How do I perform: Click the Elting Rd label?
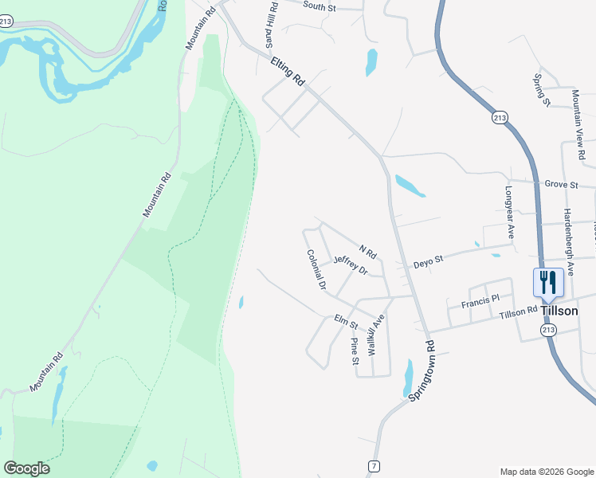point(288,70)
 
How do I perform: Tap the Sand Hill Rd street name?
point(271,24)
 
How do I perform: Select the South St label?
point(321,6)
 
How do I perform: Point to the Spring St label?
point(542,89)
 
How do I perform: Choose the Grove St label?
point(562,185)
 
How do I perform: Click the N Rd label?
point(367,251)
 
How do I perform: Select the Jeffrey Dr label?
point(351,265)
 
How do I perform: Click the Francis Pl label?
point(480,300)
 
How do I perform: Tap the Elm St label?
point(347,322)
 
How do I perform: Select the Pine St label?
point(355,351)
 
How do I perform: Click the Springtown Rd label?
point(422,370)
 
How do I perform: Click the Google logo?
point(26,468)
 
